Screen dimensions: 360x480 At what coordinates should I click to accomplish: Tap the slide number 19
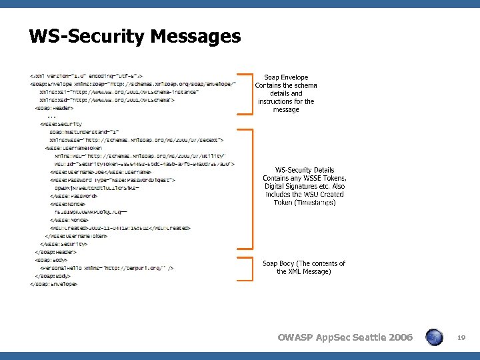[x=461, y=339]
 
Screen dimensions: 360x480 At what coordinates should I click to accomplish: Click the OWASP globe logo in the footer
[x=434, y=338]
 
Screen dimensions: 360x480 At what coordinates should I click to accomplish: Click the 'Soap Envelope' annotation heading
[x=286, y=77]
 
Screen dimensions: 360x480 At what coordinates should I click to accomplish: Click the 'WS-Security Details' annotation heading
[x=305, y=171]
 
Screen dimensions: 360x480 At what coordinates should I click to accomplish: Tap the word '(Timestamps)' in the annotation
[x=305, y=203]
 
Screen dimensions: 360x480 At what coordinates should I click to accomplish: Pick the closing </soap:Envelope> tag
[x=53, y=284]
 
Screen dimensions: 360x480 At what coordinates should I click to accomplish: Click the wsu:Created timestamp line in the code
[x=120, y=228]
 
